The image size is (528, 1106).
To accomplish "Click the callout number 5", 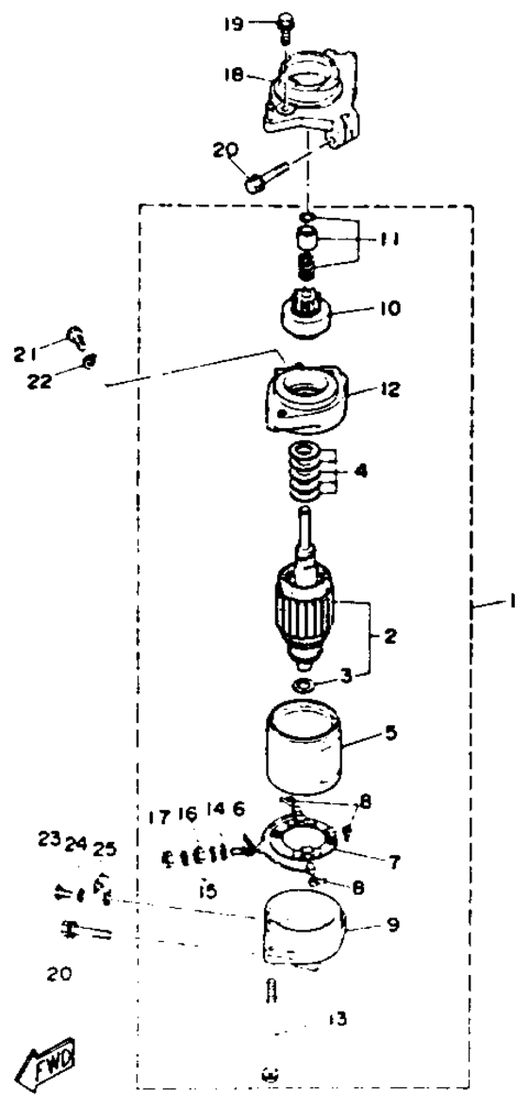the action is coord(389,733).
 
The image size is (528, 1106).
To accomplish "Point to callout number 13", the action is coord(337,1018).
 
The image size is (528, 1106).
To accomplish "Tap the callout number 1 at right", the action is coord(513,601).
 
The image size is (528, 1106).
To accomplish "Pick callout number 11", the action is coord(387,239).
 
